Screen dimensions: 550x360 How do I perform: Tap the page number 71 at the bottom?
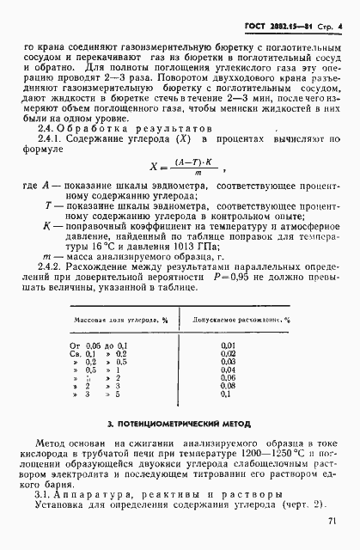pyautogui.click(x=332, y=519)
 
